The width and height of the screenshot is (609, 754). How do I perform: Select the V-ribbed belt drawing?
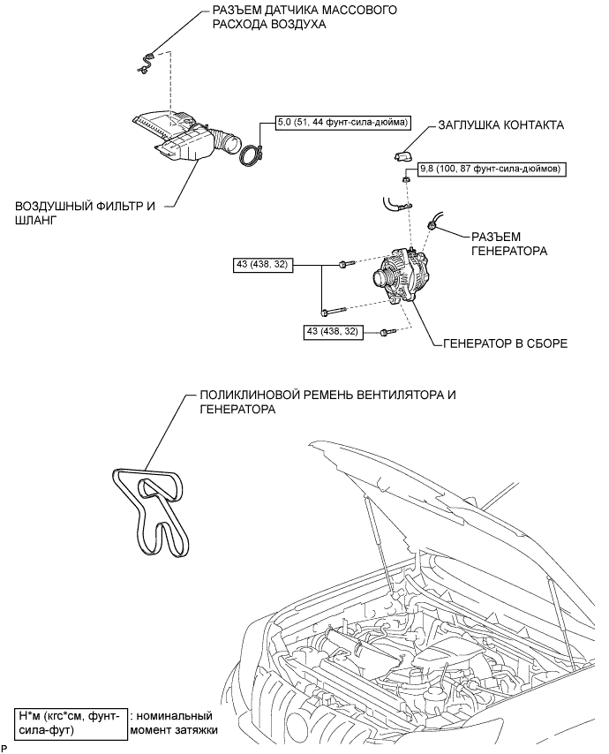click(151, 509)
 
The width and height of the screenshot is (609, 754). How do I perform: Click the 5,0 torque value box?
click(342, 123)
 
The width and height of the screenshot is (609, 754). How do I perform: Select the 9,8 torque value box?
click(489, 169)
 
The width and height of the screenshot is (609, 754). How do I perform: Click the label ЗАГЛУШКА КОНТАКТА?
click(500, 125)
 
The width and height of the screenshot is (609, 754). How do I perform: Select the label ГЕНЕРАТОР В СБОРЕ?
click(505, 343)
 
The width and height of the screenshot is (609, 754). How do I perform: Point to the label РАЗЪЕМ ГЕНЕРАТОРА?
click(509, 244)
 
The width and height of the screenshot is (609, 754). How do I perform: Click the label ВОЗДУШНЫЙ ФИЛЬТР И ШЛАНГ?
click(85, 213)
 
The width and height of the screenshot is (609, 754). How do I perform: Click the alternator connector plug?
click(432, 223)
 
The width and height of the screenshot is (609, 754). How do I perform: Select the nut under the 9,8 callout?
click(406, 180)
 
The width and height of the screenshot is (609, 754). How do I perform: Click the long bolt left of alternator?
click(334, 312)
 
